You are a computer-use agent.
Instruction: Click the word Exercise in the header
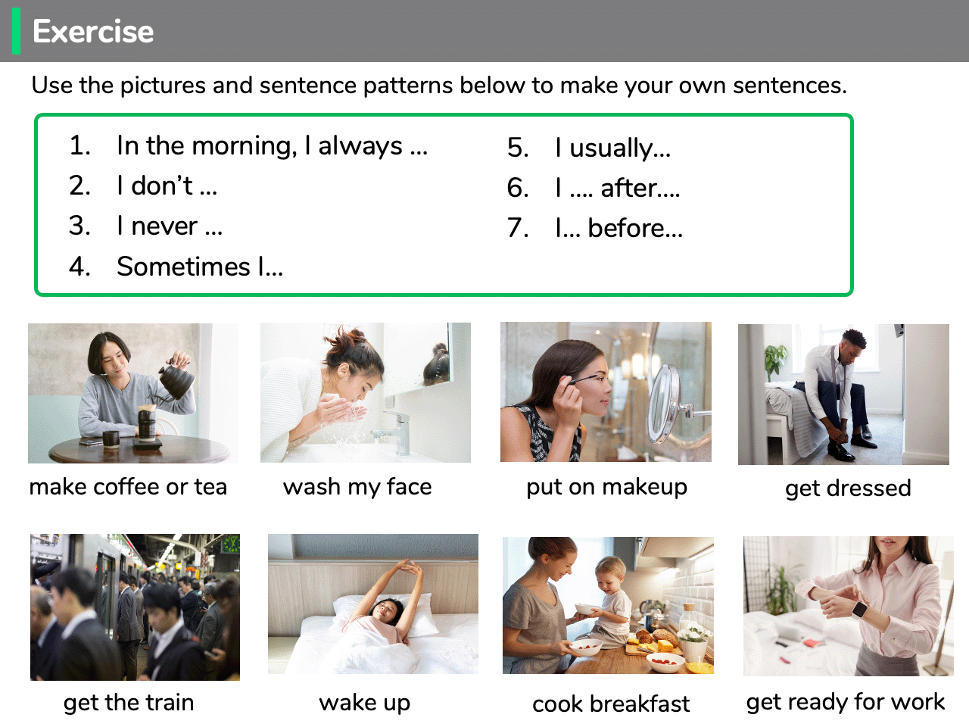pos(93,31)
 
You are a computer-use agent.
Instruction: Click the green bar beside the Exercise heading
pos(17,31)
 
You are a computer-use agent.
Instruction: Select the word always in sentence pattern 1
pos(360,146)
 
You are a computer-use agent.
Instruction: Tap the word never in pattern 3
pos(164,226)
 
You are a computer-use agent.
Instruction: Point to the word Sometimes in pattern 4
pos(183,266)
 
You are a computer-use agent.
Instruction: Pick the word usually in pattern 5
pos(611,148)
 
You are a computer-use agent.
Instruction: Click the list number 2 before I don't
pos(79,186)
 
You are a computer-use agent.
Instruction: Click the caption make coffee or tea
pos(128,487)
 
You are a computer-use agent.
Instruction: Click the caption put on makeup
pos(606,488)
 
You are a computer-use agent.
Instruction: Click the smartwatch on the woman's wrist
pos(859,610)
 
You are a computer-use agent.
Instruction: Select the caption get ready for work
pos(846,702)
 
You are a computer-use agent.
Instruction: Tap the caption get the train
pos(129,702)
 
